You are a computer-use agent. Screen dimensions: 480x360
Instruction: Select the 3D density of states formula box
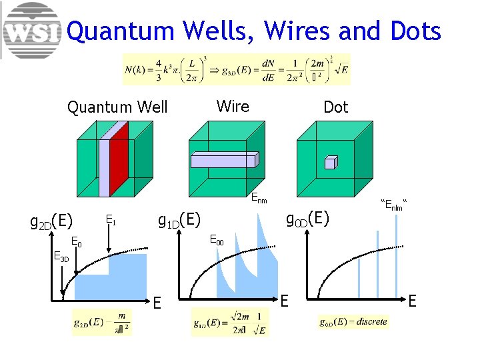236,69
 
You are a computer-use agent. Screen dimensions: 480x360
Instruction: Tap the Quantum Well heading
117,107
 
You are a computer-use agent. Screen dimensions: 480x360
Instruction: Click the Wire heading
233,106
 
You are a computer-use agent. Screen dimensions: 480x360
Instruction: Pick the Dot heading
335,107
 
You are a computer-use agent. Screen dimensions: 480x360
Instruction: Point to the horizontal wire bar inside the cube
224,159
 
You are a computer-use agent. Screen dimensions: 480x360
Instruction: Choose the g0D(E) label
307,219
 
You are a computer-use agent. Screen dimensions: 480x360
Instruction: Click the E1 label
111,219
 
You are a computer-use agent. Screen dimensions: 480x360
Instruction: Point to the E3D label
61,257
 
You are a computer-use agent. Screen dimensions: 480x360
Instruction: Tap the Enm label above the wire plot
259,198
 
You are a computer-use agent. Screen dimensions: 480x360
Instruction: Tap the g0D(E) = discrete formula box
353,321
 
